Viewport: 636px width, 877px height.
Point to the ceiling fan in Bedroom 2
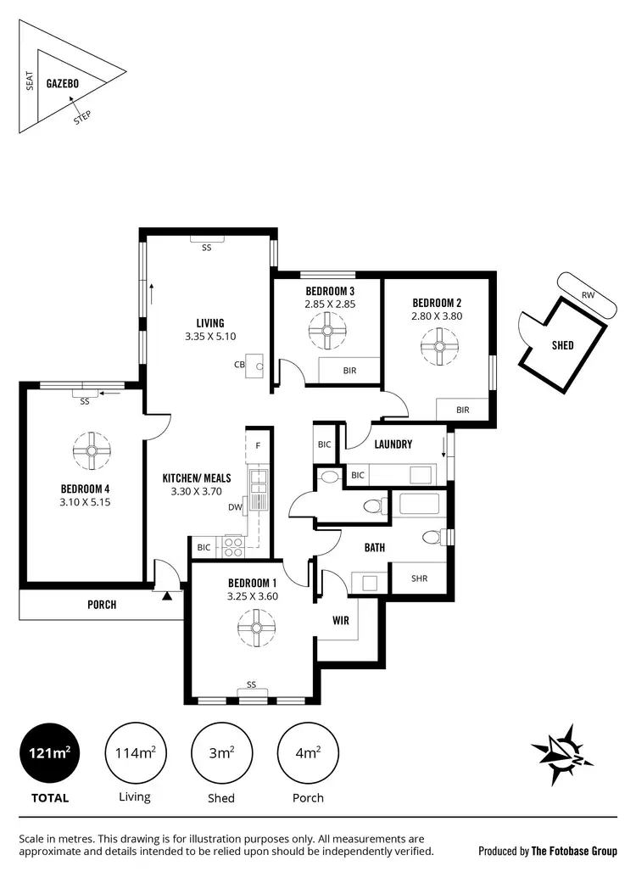tap(438, 345)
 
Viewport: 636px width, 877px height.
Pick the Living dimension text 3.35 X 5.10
tap(209, 336)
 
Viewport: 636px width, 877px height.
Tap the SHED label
tap(562, 345)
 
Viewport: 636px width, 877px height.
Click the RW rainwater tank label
tap(588, 295)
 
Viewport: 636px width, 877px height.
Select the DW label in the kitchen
tap(234, 508)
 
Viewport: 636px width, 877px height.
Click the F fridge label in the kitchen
tap(258, 444)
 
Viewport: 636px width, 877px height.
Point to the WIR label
tap(341, 621)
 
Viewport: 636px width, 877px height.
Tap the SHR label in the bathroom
tap(419, 579)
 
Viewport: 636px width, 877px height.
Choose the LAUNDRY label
tap(393, 444)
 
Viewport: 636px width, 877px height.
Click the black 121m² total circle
tap(50, 752)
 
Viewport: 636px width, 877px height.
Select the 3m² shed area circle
tap(221, 752)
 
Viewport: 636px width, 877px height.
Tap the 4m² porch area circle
tap(307, 752)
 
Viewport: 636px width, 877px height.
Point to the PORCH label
tap(101, 606)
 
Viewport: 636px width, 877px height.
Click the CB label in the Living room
tap(240, 366)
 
